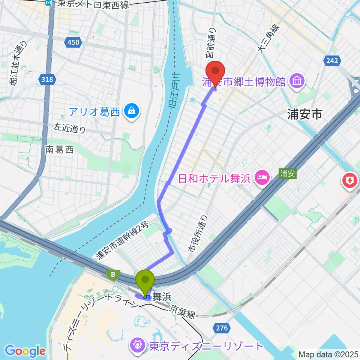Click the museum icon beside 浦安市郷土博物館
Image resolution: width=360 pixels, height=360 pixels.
(297, 81)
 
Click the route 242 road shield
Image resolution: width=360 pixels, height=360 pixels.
(332, 60)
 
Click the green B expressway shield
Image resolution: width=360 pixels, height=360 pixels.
(113, 275)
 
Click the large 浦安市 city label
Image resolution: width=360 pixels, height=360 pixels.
(304, 115)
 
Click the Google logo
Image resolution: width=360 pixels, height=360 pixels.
(25, 351)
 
